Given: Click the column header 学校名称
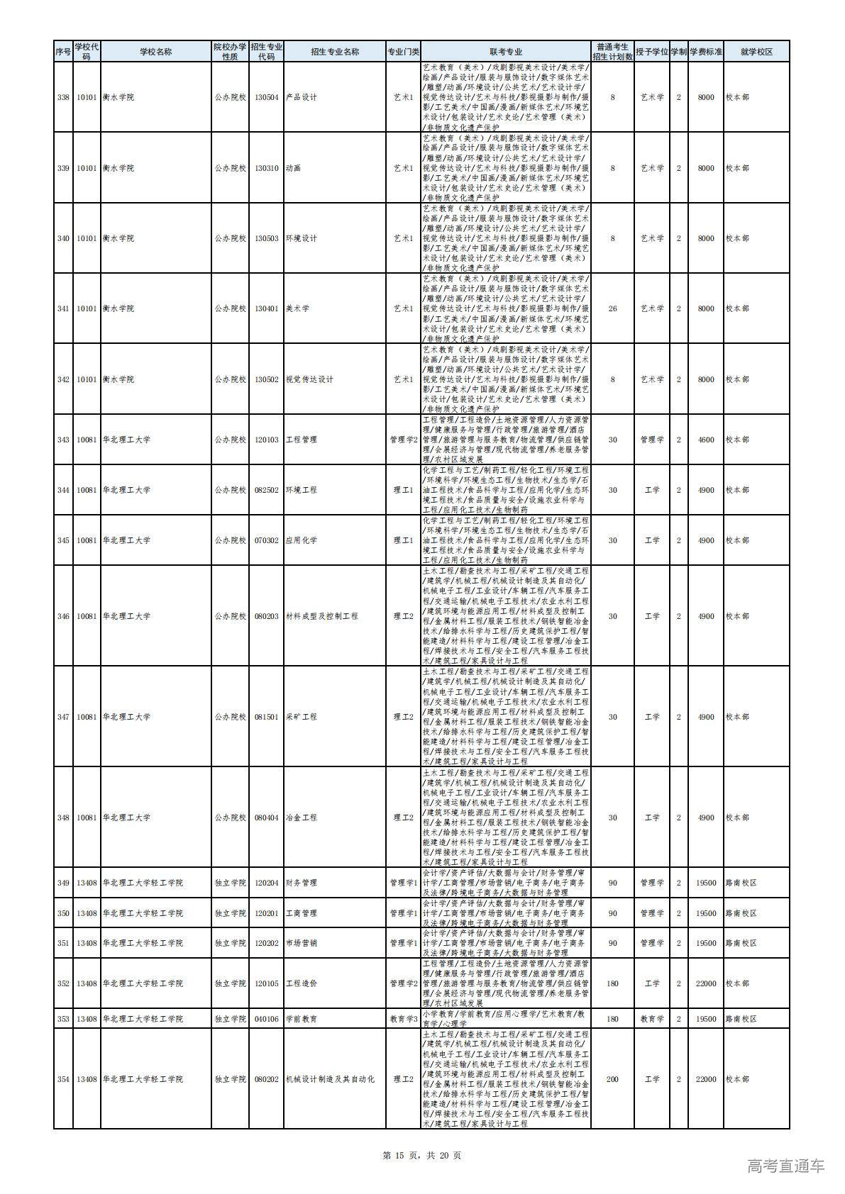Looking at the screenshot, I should click(x=155, y=52).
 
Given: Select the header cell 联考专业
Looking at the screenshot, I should click(x=506, y=52).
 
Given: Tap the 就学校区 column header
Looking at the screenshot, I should click(x=756, y=52).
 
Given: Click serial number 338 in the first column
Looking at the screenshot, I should click(x=63, y=97).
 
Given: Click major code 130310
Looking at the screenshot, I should click(x=266, y=168).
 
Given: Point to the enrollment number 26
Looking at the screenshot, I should click(x=613, y=308).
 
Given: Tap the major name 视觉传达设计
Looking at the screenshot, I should click(x=309, y=379).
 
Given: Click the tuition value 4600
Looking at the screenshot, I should click(x=706, y=440).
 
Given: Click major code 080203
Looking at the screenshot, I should click(x=266, y=616).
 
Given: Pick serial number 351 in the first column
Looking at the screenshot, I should click(x=63, y=943).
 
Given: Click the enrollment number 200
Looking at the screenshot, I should click(x=613, y=1079).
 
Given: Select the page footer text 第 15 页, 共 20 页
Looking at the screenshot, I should click(x=422, y=1155).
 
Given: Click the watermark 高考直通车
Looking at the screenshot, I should click(x=786, y=1166).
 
